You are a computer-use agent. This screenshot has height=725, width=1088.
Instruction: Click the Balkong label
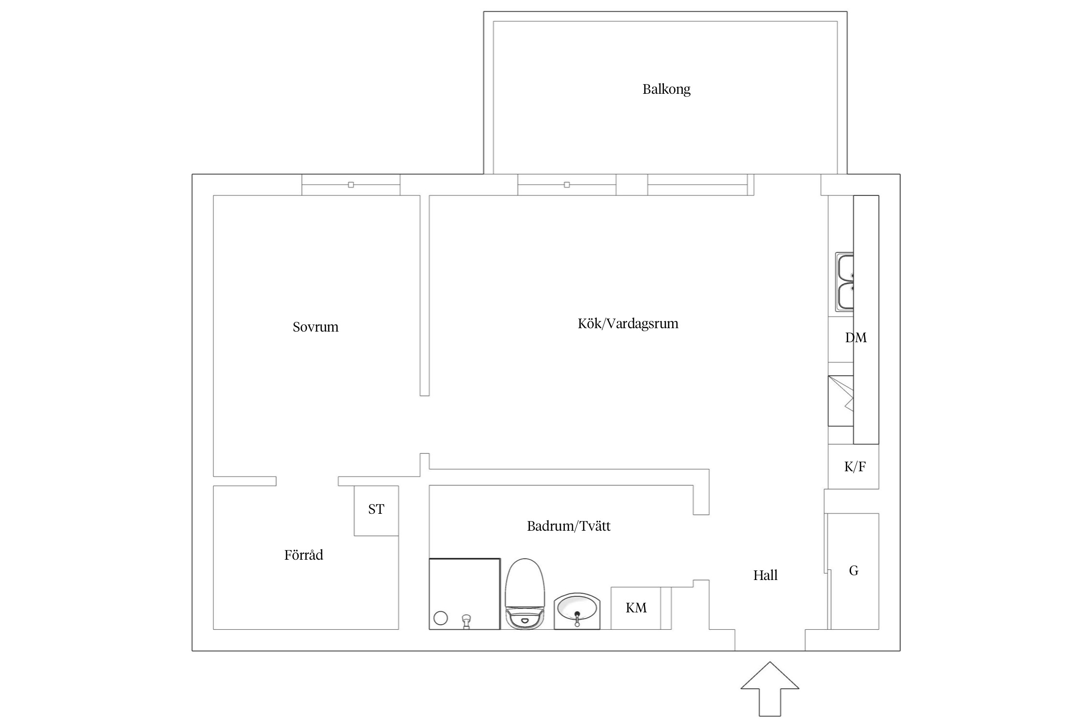[666, 89]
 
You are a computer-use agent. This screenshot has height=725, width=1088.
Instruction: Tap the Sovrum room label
[315, 327]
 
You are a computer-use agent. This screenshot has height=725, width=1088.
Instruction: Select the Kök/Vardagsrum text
[628, 323]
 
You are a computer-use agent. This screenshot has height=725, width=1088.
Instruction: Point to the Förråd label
[303, 554]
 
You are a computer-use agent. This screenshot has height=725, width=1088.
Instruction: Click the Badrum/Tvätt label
[568, 526]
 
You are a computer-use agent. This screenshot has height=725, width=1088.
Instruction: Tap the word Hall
[765, 575]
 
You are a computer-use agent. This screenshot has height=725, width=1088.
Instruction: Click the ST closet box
[376, 510]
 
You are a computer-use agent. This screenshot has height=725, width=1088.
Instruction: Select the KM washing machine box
[636, 608]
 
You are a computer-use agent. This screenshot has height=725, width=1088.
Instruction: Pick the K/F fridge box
[853, 466]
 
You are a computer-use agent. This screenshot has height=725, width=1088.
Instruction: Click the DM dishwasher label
[855, 338]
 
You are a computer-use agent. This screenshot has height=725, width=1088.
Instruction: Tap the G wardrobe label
[853, 571]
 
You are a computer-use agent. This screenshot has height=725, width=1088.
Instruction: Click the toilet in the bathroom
[525, 594]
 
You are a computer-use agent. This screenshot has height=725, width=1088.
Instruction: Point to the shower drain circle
[441, 618]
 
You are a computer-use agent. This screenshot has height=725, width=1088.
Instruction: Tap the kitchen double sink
[844, 282]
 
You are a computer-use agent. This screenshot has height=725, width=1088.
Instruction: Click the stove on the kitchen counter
[841, 401]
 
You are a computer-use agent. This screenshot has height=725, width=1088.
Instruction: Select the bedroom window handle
[351, 185]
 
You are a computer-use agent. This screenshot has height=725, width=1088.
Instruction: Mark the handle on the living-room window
[567, 185]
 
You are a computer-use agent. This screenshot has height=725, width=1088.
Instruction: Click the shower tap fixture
[466, 621]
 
